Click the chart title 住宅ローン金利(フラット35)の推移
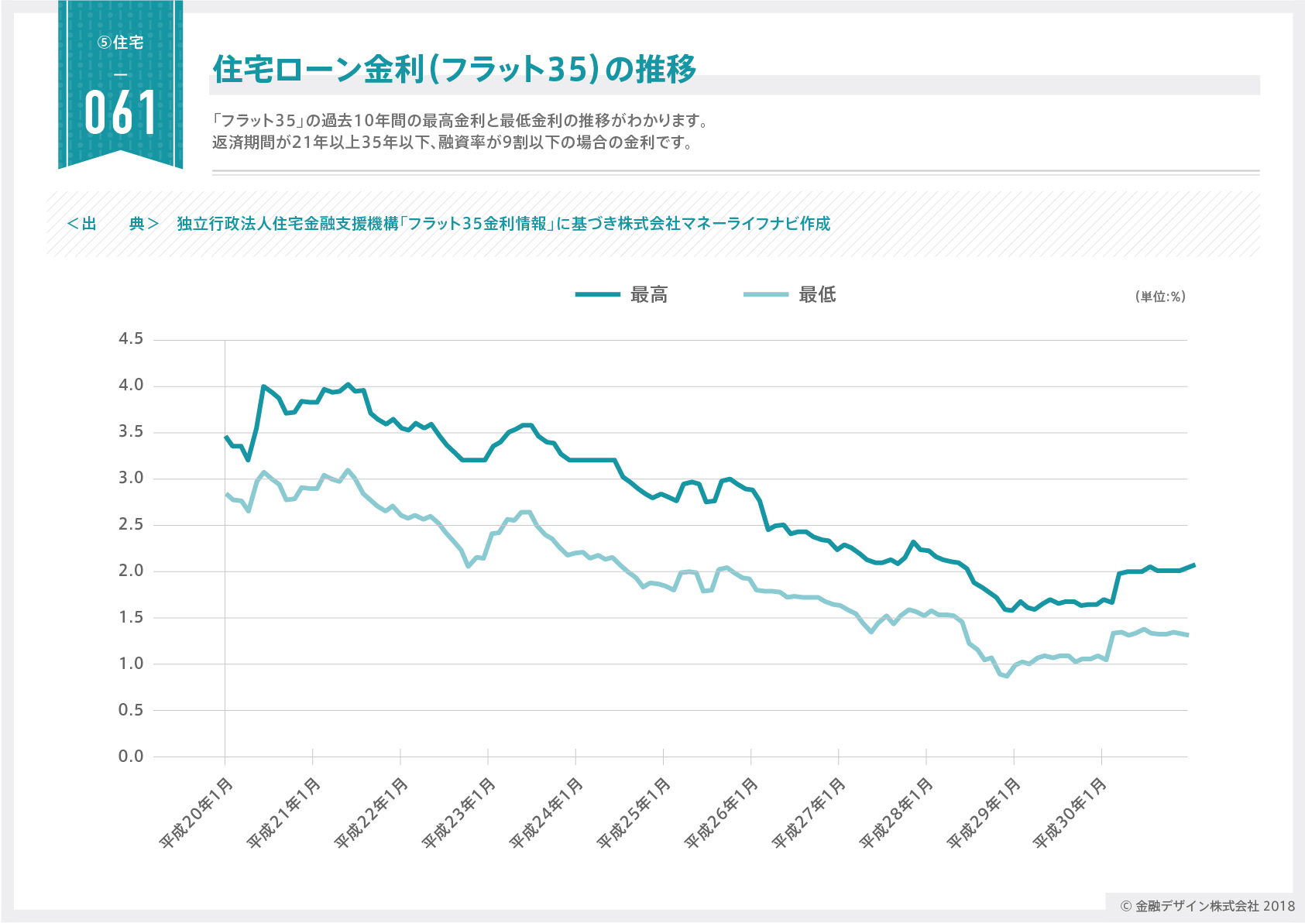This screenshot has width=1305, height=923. (455, 70)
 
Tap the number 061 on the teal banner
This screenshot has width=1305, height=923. (121, 113)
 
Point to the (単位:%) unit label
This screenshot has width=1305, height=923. (1160, 297)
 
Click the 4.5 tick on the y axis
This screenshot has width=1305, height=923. (131, 339)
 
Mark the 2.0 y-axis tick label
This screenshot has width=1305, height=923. (131, 571)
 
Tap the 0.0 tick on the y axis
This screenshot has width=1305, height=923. (131, 757)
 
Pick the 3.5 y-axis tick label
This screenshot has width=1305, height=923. (131, 432)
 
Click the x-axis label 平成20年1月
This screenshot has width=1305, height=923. (196, 812)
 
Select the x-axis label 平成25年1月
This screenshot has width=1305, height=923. (634, 812)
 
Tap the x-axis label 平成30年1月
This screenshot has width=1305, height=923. (1071, 812)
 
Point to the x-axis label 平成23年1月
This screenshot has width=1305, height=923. (459, 812)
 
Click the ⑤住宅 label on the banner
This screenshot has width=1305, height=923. (121, 43)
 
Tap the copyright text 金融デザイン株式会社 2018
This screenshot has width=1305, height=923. (1207, 906)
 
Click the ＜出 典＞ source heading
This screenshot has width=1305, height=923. (113, 224)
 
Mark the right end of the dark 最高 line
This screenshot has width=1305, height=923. (1193, 565)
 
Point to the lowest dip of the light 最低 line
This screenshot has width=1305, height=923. (1007, 676)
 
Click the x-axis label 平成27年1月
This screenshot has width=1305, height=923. (809, 812)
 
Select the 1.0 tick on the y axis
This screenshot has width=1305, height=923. (131, 664)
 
